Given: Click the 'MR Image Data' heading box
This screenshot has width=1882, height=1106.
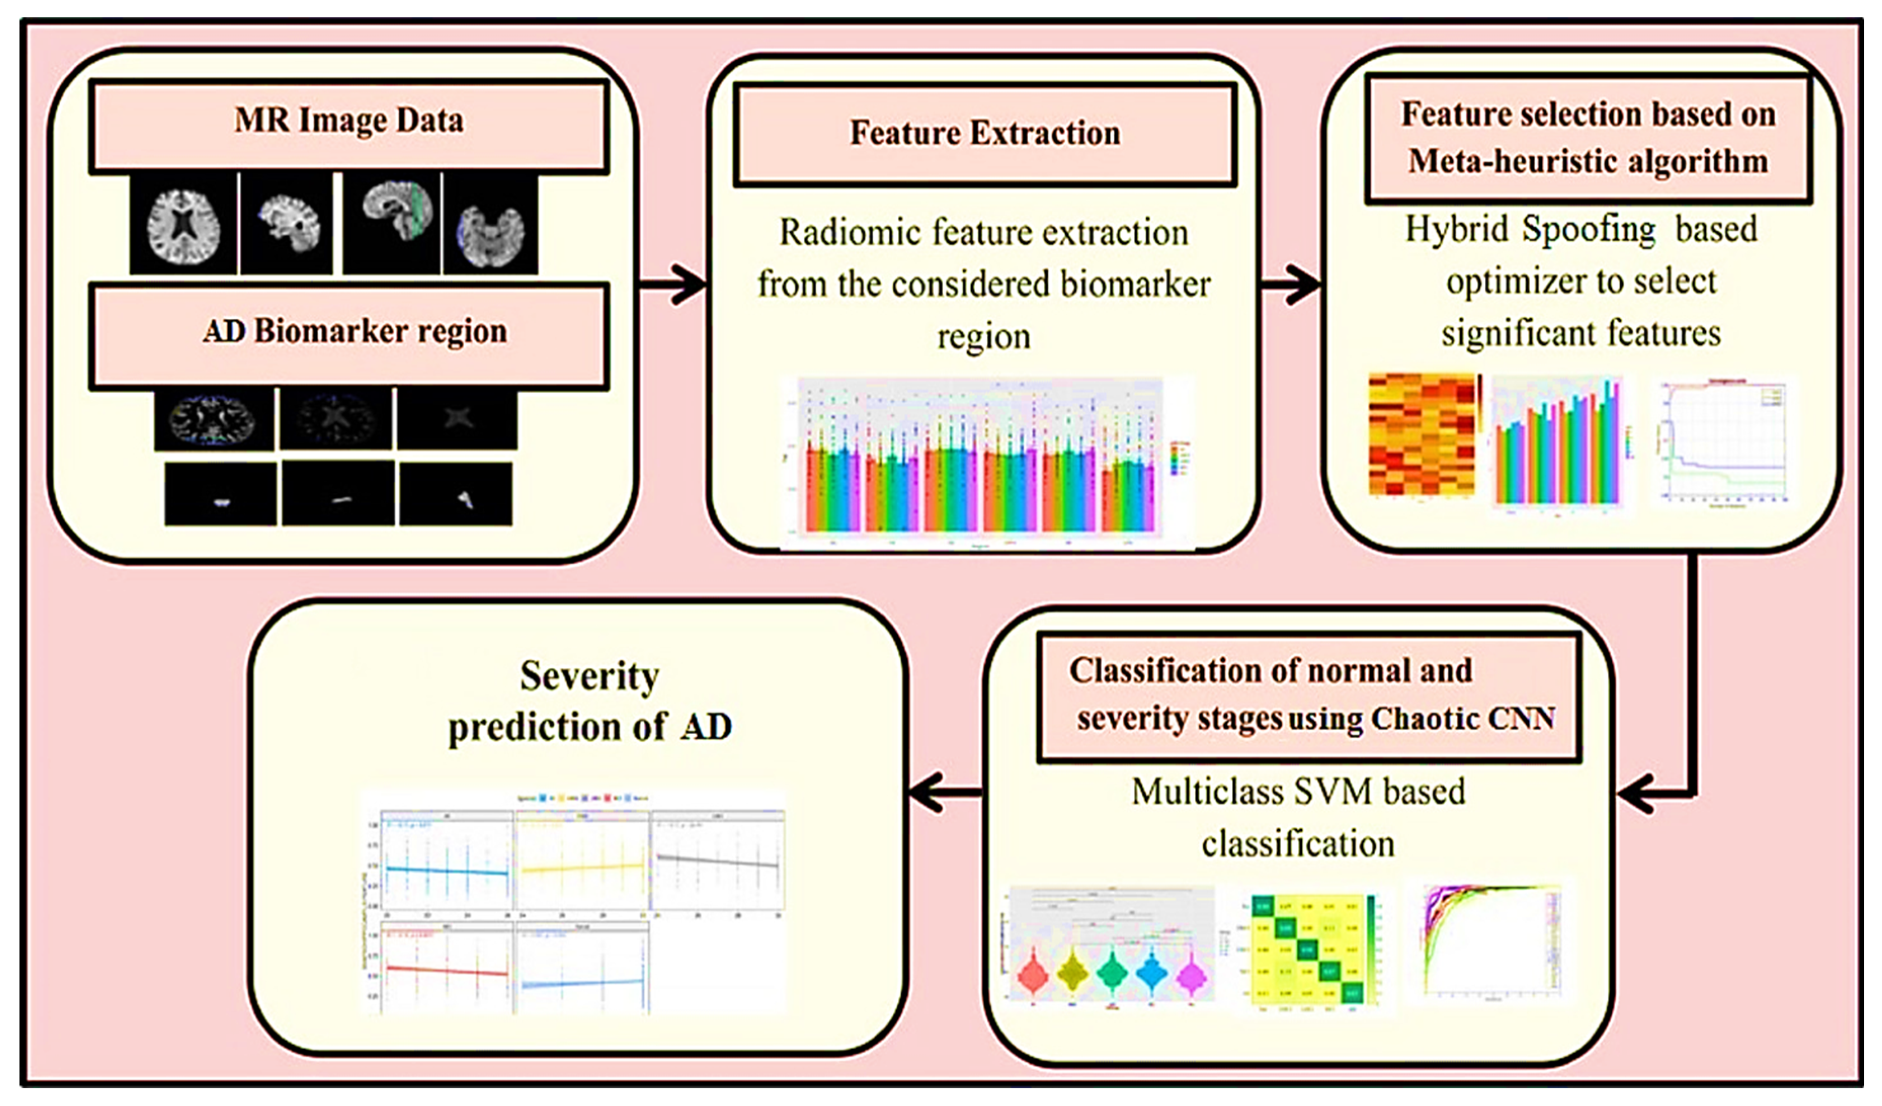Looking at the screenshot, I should tap(349, 124).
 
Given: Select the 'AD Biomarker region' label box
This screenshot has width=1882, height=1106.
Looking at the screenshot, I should tap(349, 335).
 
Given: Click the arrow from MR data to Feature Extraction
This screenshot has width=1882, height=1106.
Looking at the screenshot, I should tap(672, 284).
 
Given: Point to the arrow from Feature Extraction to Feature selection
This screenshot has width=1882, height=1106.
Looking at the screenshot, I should tap(1290, 284).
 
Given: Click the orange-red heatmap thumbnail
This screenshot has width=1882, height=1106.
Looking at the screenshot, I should tap(1421, 436).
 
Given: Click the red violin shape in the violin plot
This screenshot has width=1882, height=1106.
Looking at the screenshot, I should tap(1033, 974).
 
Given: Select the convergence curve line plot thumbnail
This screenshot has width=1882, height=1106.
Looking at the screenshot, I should tap(1724, 441).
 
